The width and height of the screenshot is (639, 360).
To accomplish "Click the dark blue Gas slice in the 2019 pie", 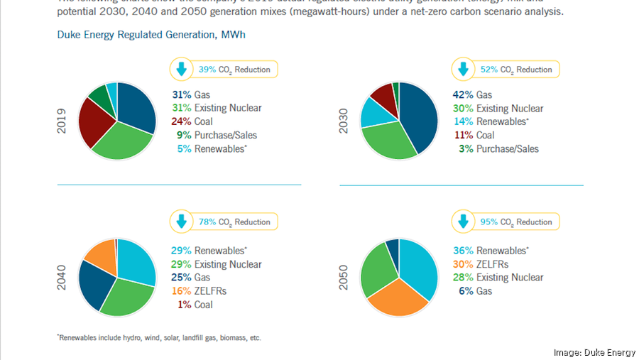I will [137, 107].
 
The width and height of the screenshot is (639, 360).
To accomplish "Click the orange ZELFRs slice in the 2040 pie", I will [100, 257].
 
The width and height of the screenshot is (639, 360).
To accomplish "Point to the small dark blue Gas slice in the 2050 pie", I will [392, 246].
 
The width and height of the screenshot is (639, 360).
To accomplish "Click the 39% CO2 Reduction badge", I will [223, 70].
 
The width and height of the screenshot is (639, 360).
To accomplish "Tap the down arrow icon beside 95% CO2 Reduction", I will [464, 222].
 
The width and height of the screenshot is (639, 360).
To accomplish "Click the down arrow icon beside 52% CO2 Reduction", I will [464, 70].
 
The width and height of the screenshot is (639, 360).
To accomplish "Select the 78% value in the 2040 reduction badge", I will [207, 222].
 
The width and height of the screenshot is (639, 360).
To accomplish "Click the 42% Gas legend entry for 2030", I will [472, 95].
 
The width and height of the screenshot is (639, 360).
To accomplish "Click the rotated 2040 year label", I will [62, 278].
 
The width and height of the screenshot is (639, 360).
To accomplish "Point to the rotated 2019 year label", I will [62, 121].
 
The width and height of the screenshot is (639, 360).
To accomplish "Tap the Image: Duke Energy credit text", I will [594, 352].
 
